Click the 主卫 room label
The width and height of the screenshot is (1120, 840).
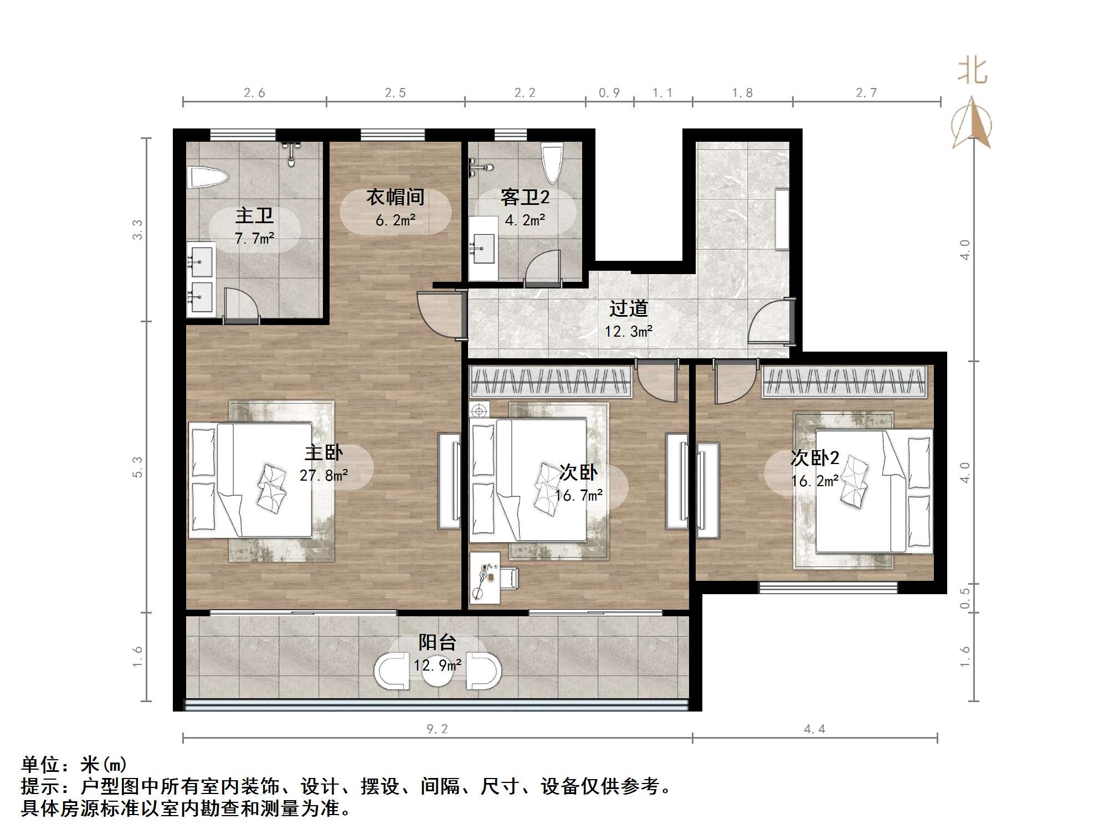pyautogui.click(x=254, y=215)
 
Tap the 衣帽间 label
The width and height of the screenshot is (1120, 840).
pyautogui.click(x=395, y=197)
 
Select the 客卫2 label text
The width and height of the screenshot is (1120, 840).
pyautogui.click(x=525, y=197)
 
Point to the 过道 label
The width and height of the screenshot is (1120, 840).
pyautogui.click(x=629, y=308)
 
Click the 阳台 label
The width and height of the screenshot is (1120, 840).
pyautogui.click(x=437, y=642)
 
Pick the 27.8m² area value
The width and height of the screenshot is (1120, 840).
pyautogui.click(x=324, y=475)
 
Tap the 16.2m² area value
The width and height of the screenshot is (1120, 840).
pyautogui.click(x=815, y=481)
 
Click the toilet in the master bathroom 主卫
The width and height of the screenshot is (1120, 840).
pyautogui.click(x=208, y=178)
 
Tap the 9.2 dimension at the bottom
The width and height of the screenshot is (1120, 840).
pyautogui.click(x=437, y=729)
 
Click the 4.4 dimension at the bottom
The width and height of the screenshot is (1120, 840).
pyautogui.click(x=815, y=729)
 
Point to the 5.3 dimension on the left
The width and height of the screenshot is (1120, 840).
pyautogui.click(x=137, y=467)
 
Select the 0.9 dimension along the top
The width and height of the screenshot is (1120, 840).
pyautogui.click(x=609, y=92)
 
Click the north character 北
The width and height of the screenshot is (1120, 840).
pyautogui.click(x=973, y=71)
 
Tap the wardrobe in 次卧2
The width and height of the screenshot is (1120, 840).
pyautogui.click(x=844, y=382)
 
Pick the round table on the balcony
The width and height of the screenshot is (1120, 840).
pyautogui.click(x=437, y=671)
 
